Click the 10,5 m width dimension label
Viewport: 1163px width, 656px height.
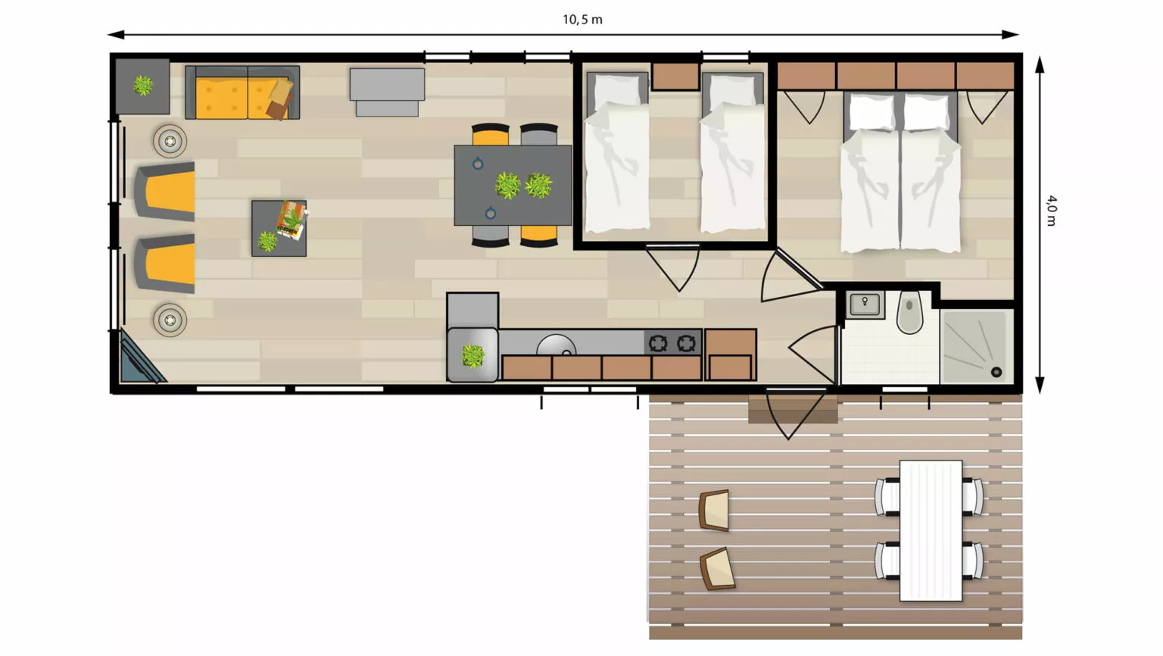(582, 20)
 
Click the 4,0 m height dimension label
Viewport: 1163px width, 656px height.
(1052, 211)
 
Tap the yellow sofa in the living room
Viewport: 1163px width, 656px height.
(242, 92)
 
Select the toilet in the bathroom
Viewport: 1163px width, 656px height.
(909, 311)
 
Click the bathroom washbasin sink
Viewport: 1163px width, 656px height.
(865, 305)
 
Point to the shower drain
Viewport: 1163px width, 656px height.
(996, 372)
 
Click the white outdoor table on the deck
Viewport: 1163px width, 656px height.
(931, 530)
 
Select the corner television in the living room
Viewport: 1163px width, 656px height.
(139, 358)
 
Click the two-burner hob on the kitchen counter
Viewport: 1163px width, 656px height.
(672, 343)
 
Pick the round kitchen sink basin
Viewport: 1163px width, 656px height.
(556, 345)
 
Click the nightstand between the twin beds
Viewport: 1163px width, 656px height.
(675, 77)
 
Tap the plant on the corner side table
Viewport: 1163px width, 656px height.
(143, 85)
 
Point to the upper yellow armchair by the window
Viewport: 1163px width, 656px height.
(165, 191)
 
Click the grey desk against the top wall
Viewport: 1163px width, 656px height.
(387, 92)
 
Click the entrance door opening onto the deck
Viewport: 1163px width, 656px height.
(794, 414)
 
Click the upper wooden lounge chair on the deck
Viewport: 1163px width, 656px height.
(715, 510)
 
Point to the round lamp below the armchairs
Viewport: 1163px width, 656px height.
(170, 320)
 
